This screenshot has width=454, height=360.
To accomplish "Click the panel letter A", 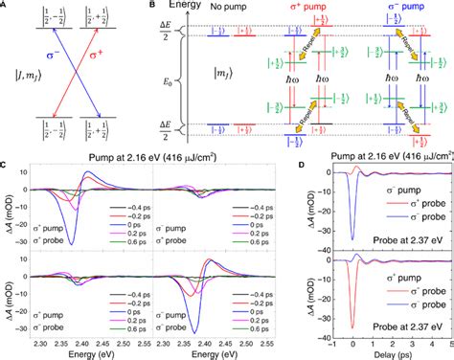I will click(5, 5).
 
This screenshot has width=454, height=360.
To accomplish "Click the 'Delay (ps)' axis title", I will click(383, 352).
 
